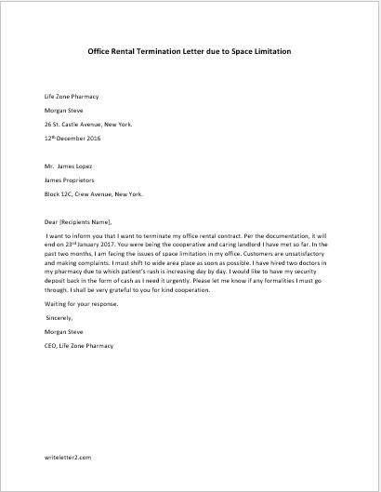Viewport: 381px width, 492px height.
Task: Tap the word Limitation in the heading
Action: coord(268,51)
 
